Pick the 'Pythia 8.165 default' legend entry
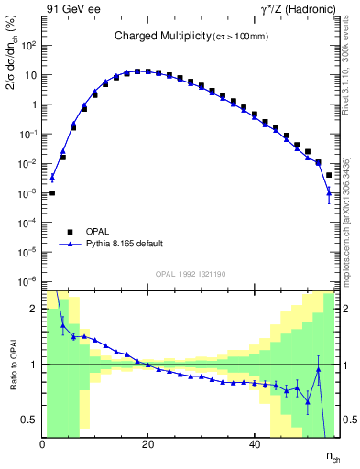coord(125,245)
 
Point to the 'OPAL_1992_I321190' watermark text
coord(192,274)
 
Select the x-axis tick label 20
coord(148,443)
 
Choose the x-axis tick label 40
coord(254,443)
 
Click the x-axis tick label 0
coord(43,443)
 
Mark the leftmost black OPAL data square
coord(52,192)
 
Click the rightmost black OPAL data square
coord(329,174)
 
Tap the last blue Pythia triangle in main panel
coord(329,192)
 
